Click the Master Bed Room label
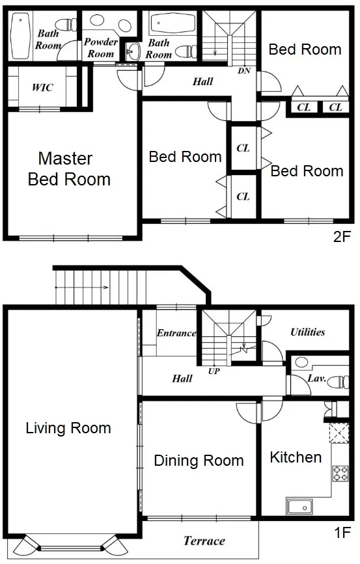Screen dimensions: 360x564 (x=69, y=168)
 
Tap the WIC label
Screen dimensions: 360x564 (x=42, y=87)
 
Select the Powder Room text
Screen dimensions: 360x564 (x=101, y=47)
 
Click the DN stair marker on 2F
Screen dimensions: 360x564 (x=244, y=71)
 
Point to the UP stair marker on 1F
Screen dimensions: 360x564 (x=214, y=371)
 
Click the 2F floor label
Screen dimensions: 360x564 (x=342, y=237)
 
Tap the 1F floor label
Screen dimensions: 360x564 (x=342, y=532)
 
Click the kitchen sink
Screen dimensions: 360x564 (x=299, y=507)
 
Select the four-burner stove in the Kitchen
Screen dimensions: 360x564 (x=340, y=474)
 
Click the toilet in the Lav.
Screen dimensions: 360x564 (x=338, y=382)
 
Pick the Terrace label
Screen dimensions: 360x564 (x=204, y=541)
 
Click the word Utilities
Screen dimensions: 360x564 (x=308, y=332)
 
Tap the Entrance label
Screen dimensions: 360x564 (x=176, y=333)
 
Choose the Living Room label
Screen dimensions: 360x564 (x=68, y=428)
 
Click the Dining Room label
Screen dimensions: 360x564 (x=199, y=461)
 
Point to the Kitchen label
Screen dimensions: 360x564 (x=296, y=457)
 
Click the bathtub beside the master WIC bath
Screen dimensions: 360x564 (x=20, y=36)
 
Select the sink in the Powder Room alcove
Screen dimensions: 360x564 (x=133, y=52)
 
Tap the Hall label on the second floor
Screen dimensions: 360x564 (x=202, y=82)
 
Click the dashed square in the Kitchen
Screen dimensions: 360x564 (x=339, y=433)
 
